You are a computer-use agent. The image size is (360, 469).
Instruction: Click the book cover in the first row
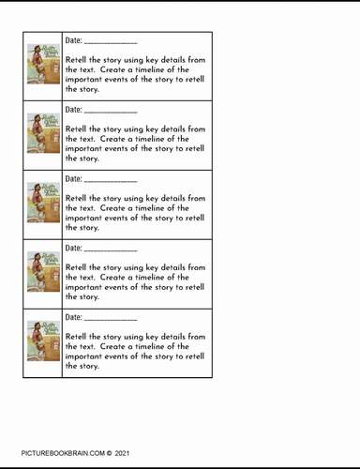pos(43,66)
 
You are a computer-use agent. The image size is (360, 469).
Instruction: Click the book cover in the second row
pos(43,135)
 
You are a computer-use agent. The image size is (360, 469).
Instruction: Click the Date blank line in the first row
pos(111,43)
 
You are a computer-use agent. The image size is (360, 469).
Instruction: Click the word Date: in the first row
pos(74,40)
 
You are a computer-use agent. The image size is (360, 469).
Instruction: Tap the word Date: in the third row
pos(74,178)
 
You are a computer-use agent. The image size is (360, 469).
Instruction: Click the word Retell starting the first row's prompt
pos(77,60)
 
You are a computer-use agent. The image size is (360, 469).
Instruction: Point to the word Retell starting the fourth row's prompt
pos(77,267)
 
